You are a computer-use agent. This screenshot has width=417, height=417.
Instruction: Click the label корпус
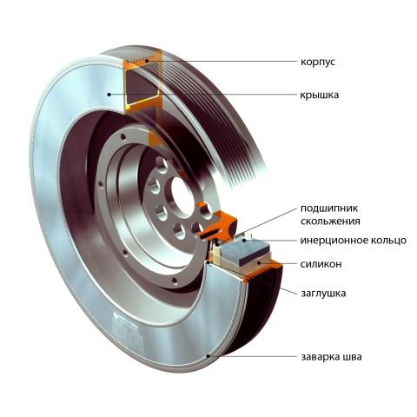point(318,63)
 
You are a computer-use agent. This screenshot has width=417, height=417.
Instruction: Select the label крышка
point(319,95)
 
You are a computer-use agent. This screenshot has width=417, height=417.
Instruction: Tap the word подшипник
point(329,208)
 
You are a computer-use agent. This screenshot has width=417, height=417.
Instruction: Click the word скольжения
point(330,222)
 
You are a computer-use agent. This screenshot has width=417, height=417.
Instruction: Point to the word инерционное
point(334,241)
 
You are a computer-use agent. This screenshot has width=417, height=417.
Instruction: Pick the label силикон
point(321,264)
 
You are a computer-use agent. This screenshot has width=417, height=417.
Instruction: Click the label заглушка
point(323,294)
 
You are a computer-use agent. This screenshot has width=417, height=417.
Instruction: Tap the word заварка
point(321,356)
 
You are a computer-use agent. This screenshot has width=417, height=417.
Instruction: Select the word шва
point(353,356)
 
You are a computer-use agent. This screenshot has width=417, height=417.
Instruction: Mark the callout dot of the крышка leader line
point(109,94)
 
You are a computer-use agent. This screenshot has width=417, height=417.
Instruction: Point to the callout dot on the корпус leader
point(147,61)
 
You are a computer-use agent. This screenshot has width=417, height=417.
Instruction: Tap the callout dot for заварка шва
point(208,356)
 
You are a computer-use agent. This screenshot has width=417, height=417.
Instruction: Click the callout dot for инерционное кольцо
point(244,240)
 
